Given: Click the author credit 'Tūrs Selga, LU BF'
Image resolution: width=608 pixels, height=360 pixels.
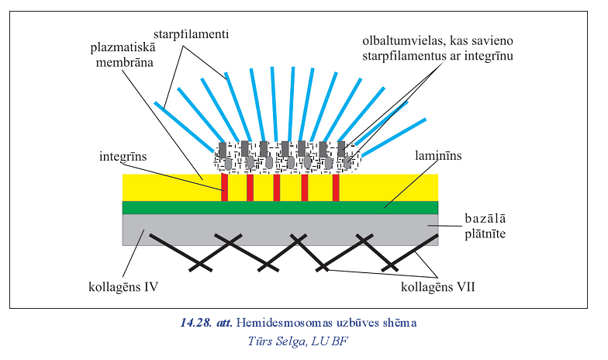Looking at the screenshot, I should click(299, 340).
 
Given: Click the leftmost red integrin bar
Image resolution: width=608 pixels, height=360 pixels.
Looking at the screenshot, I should click(224, 187).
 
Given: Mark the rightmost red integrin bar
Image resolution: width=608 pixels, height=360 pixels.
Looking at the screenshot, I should click(336, 187).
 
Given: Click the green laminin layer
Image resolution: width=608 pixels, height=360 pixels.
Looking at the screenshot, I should click(279, 207).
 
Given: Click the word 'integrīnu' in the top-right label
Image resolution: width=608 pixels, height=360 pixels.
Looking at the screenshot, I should click(489, 55).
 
